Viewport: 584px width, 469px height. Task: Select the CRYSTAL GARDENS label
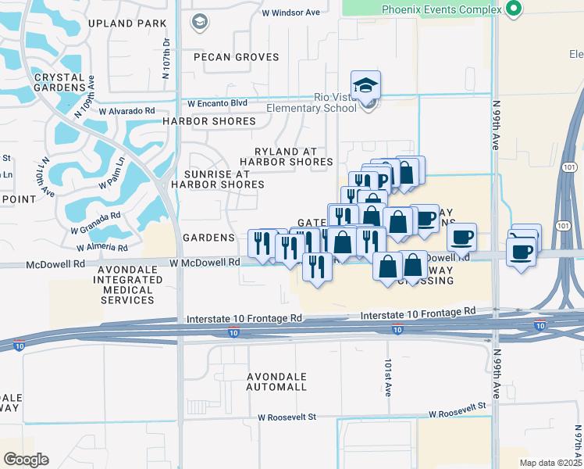pyautogui.click(x=54, y=82)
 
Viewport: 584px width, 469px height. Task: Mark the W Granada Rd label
pyautogui.click(x=95, y=222)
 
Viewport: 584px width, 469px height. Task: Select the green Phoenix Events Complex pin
pyautogui.click(x=513, y=9)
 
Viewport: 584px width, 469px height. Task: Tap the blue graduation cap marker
pyautogui.click(x=365, y=86)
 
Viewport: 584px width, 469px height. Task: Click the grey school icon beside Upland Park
pyautogui.click(x=199, y=21)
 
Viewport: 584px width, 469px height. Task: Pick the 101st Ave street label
pyautogui.click(x=386, y=378)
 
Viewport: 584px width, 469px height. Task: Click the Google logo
pyautogui.click(x=26, y=460)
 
